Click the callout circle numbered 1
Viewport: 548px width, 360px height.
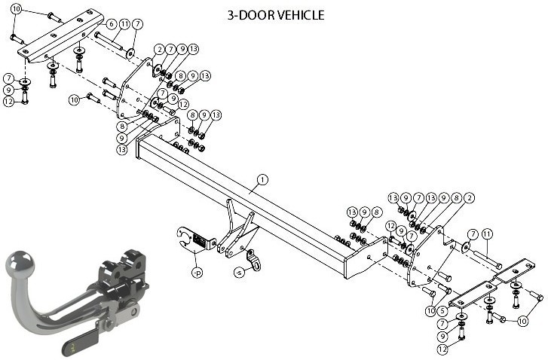(262, 180)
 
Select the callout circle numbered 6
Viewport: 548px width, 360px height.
(111, 24)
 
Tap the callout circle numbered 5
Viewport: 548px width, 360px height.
(442, 310)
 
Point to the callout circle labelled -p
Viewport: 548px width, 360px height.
(197, 273)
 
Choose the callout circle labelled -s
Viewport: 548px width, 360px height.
(239, 273)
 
